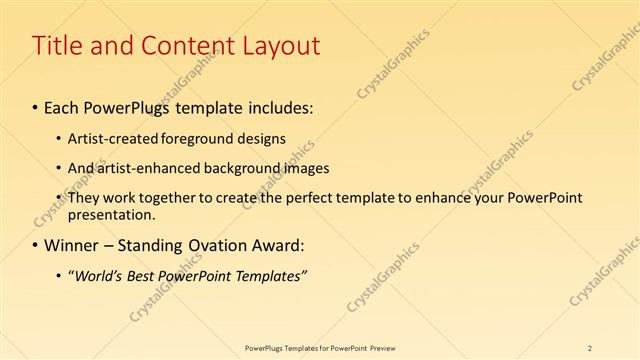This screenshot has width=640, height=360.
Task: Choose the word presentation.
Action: point(110,214)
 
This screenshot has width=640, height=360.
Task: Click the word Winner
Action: point(73,245)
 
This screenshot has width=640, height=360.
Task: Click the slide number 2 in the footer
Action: point(590,347)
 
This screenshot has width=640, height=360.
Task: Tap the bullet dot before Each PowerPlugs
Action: point(36,106)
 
